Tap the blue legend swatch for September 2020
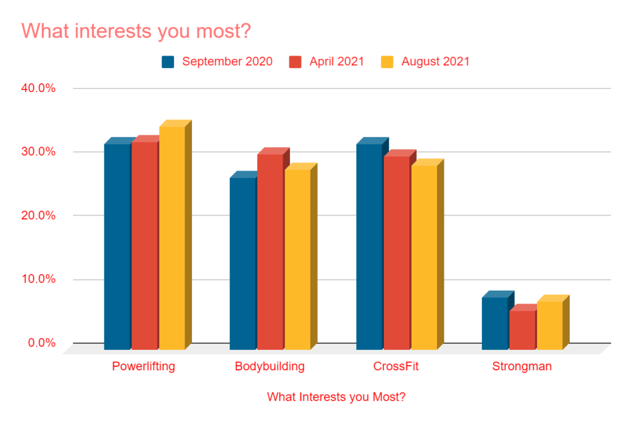(x=168, y=62)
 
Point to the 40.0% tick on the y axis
(x=39, y=88)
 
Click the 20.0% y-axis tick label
(x=39, y=216)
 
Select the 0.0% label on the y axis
(x=41, y=343)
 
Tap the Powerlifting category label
(x=143, y=367)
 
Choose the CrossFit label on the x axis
(x=396, y=367)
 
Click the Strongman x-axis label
(x=522, y=367)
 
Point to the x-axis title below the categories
(x=336, y=397)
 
